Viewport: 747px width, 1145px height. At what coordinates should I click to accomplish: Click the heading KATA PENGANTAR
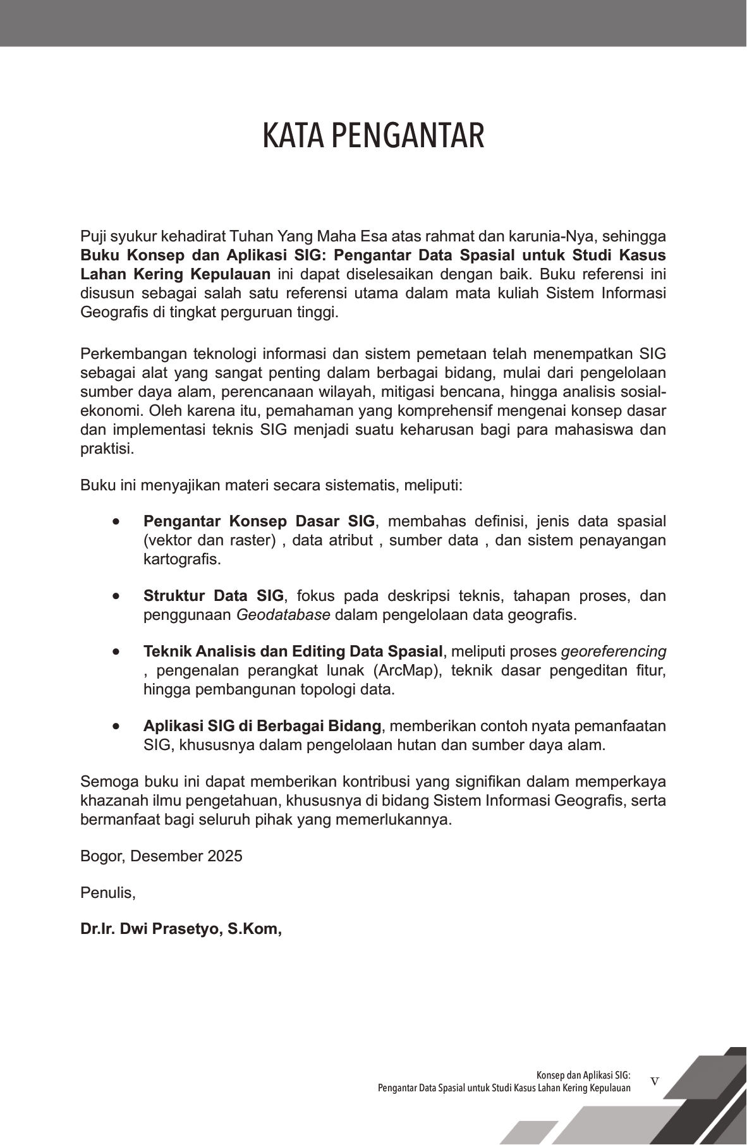click(x=373, y=136)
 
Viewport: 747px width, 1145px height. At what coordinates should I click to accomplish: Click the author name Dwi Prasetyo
click(x=171, y=929)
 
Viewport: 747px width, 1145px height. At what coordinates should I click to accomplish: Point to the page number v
click(x=654, y=1081)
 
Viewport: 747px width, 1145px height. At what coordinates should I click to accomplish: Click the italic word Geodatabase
click(x=283, y=615)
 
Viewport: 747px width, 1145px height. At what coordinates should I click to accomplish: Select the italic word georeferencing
click(x=614, y=651)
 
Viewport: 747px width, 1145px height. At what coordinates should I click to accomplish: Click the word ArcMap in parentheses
click(x=409, y=670)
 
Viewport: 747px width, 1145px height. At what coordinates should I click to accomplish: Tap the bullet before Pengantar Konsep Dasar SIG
click(x=115, y=522)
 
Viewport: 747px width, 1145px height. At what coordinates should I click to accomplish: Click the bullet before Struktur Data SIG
click(x=115, y=597)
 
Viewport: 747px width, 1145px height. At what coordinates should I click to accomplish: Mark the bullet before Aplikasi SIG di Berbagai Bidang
click(x=115, y=726)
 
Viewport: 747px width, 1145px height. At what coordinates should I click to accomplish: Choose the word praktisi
click(x=106, y=449)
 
